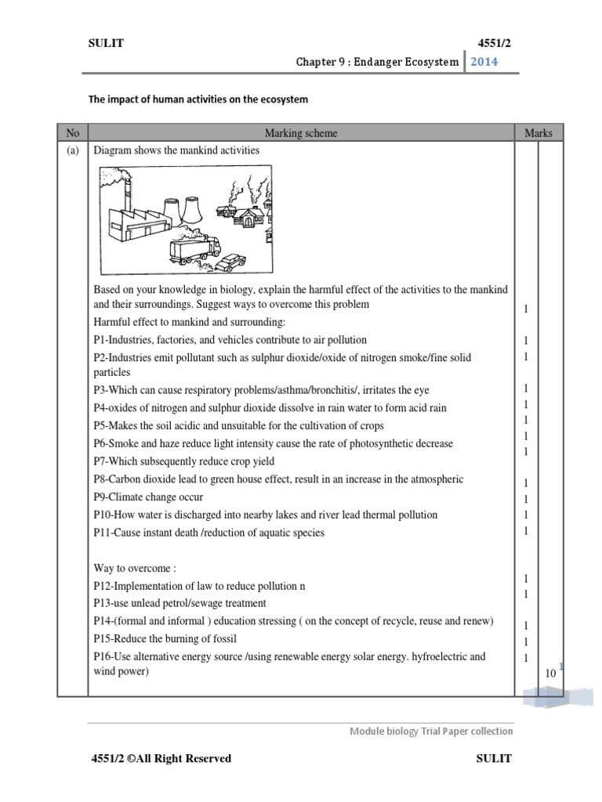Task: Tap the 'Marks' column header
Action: pyautogui.click(x=539, y=133)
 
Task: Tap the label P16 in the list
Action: pyautogui.click(x=103, y=656)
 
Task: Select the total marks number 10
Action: pyautogui.click(x=551, y=673)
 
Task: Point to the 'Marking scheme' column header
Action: pyautogui.click(x=301, y=133)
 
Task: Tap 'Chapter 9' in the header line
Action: pyautogui.click(x=319, y=62)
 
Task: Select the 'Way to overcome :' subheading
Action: pyautogui.click(x=134, y=568)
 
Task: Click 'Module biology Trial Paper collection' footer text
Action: pyautogui.click(x=430, y=731)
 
